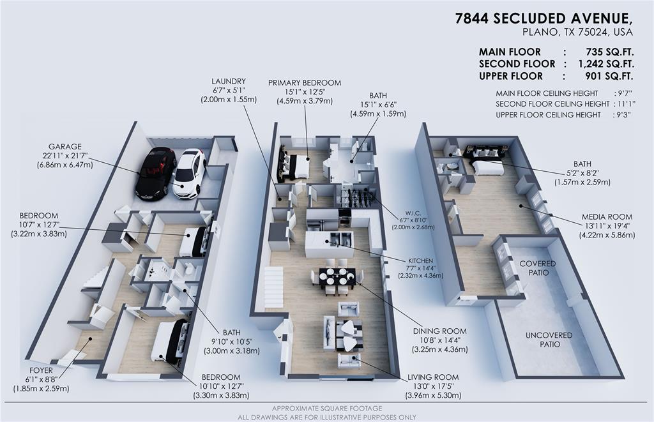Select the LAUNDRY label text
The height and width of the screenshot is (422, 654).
click(x=229, y=81)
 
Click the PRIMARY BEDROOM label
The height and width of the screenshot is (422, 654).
click(x=304, y=82)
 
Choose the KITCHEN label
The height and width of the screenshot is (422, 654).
click(x=420, y=261)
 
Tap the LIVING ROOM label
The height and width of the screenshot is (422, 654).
click(x=433, y=377)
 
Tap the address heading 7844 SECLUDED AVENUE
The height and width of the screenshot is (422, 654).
click(x=545, y=19)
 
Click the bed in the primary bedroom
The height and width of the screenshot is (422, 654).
click(x=295, y=167)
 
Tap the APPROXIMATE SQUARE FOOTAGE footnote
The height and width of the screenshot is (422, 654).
click(x=327, y=408)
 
